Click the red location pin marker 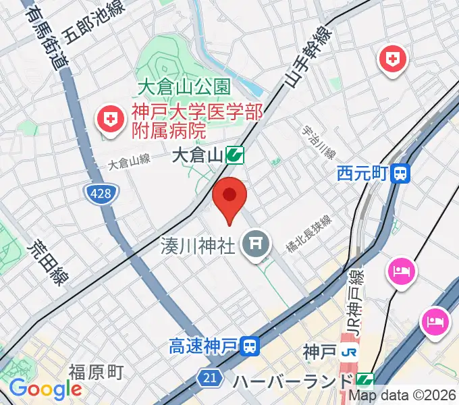coord(230,198)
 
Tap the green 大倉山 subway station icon coord(235,156)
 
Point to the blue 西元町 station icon coord(402,174)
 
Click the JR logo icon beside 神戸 coord(348,352)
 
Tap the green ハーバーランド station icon coord(365,381)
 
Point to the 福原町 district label coord(96,372)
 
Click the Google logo coord(45,389)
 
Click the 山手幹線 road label coord(308,59)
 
